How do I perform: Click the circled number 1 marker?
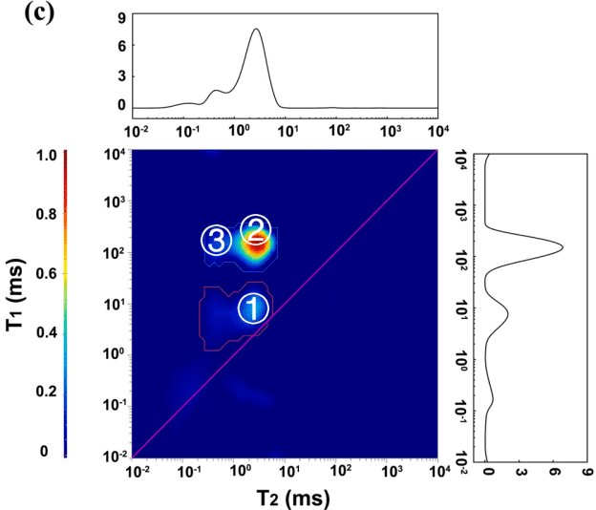click(x=252, y=308)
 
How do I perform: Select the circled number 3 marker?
click(x=216, y=241)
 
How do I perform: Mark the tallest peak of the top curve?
click(x=256, y=30)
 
